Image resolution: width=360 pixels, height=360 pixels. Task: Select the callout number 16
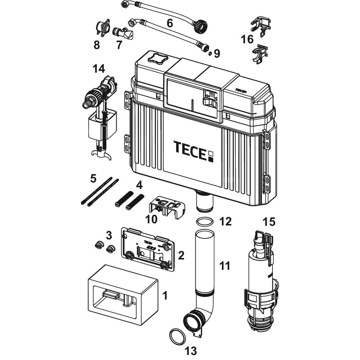(247, 39)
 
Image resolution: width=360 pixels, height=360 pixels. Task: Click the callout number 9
(216, 54)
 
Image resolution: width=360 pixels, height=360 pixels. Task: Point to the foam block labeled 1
(122, 293)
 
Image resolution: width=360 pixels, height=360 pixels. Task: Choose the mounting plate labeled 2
(148, 248)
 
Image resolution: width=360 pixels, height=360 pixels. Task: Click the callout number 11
(225, 266)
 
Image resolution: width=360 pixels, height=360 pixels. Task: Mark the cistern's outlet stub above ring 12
(204, 202)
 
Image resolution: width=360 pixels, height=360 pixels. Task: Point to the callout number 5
(93, 178)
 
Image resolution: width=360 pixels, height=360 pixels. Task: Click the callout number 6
(170, 23)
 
